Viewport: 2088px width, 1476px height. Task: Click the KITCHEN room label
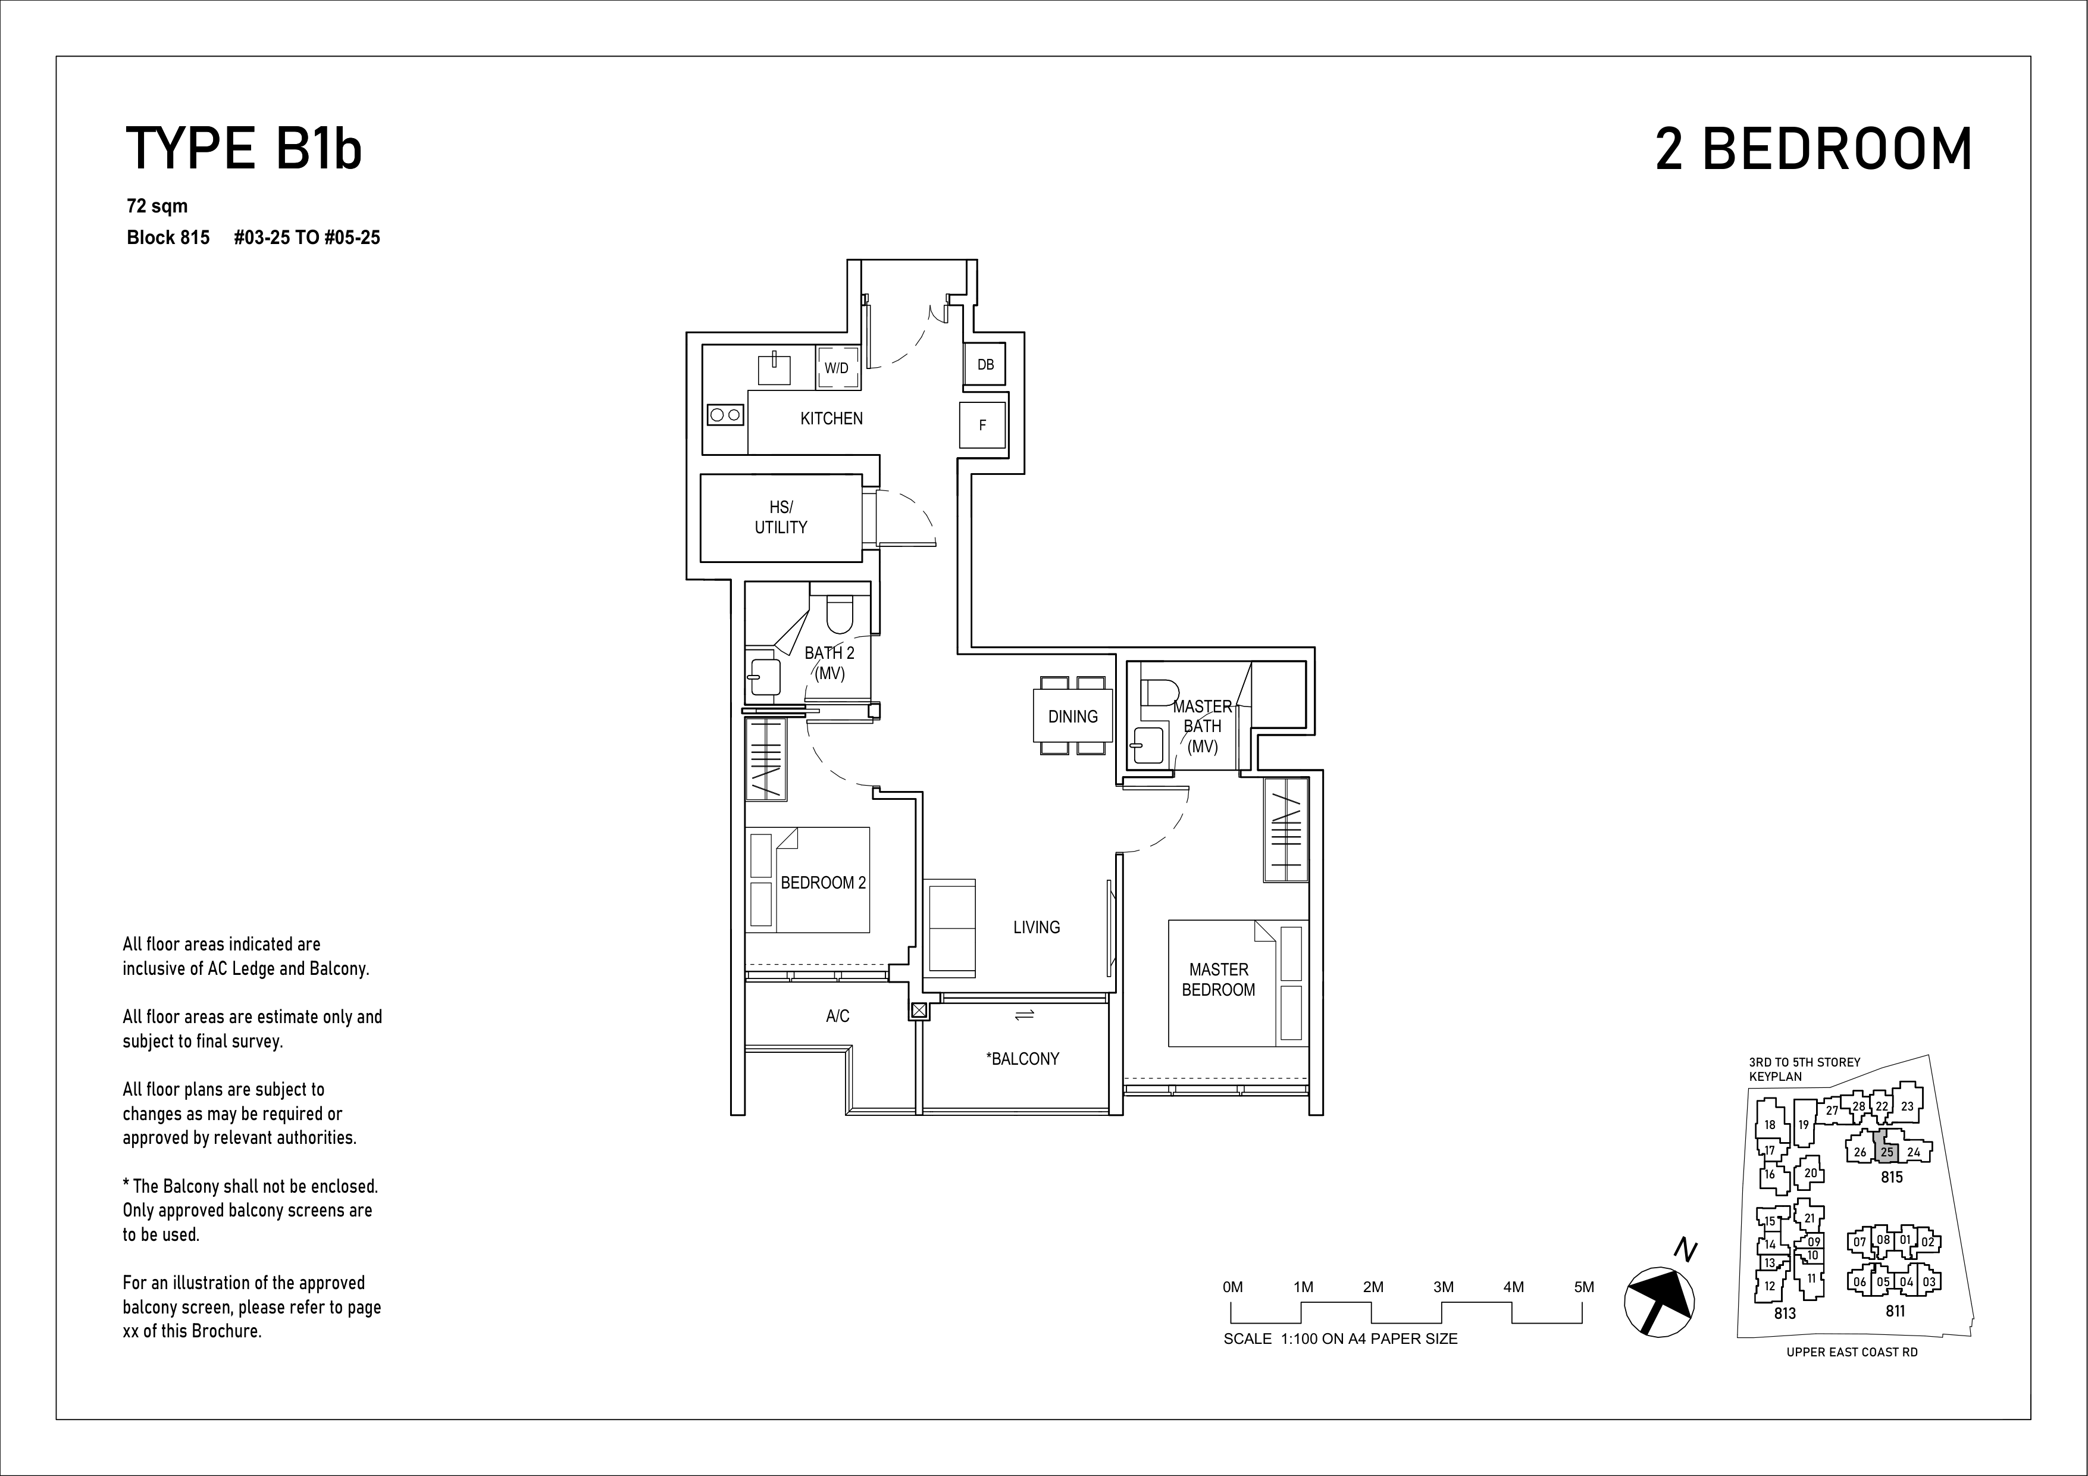831,418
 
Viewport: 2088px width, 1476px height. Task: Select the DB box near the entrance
985,365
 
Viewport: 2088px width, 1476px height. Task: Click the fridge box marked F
982,425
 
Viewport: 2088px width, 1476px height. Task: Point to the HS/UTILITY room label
780,517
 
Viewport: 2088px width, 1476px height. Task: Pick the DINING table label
1073,717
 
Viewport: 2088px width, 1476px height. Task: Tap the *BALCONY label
1022,1059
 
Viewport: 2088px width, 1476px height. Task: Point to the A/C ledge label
838,1016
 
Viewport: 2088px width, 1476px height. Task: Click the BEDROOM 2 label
823,882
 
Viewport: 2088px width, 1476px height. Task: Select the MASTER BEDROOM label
1219,980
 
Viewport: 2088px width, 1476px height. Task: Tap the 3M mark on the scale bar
1443,1287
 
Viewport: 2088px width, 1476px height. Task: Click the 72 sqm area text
157,207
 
